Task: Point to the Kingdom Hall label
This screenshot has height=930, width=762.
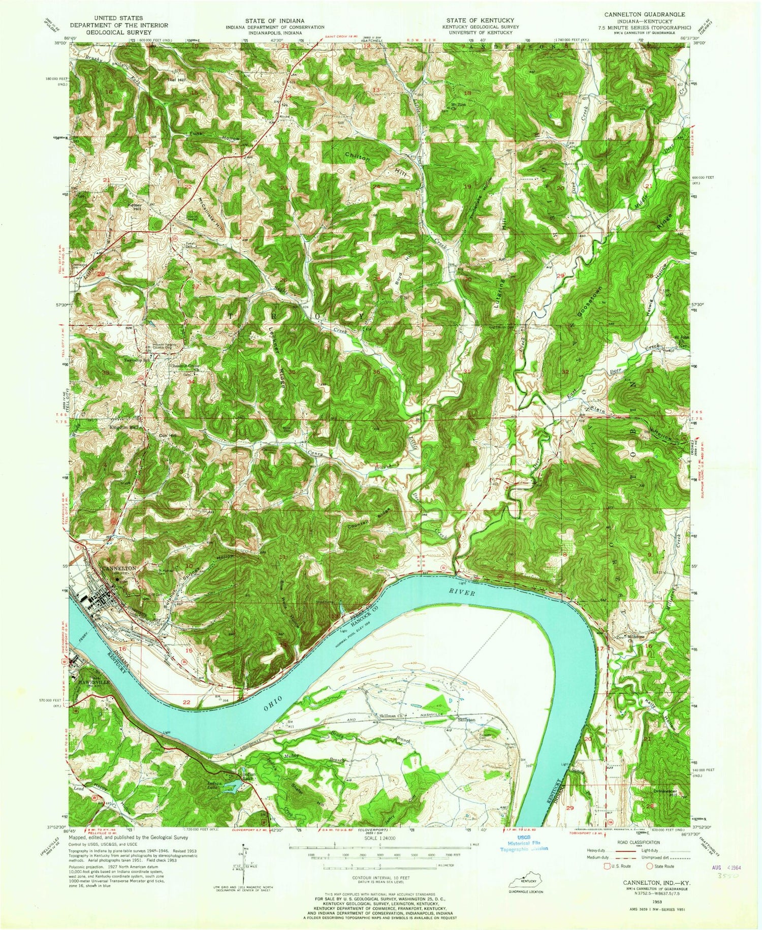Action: [123, 427]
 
